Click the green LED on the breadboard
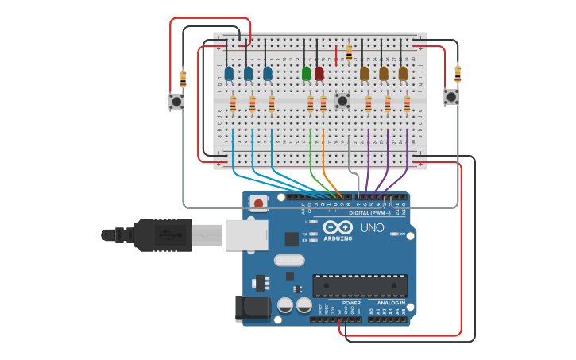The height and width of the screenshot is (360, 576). (x=307, y=73)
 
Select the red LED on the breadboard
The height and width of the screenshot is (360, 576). (x=319, y=73)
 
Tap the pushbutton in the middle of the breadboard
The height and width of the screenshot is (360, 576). (x=342, y=100)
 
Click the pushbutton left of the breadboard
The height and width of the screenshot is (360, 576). (x=176, y=101)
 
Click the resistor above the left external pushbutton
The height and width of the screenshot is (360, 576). (x=183, y=78)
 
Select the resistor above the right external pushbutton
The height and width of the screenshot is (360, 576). (x=458, y=74)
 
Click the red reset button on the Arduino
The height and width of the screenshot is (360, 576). (x=258, y=203)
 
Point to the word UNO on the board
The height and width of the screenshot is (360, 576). (x=373, y=228)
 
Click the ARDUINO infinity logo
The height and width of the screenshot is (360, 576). (x=338, y=228)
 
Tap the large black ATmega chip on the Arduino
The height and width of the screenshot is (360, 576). (x=360, y=285)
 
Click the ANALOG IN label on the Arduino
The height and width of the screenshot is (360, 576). (x=390, y=303)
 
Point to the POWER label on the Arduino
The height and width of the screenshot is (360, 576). (x=351, y=303)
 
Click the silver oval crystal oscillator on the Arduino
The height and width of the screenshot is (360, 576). (x=289, y=260)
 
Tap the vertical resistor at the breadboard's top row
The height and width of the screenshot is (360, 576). (x=349, y=52)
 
